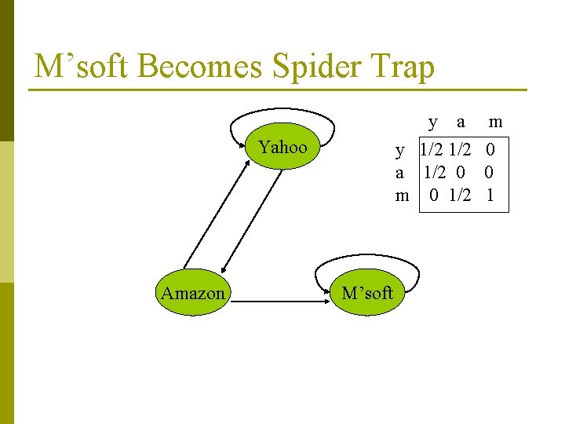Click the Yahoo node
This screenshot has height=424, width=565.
coord(282,147)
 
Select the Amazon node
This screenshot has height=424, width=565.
coord(193,294)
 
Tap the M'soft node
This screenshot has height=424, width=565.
coord(366,294)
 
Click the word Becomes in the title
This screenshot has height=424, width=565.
coord(201,67)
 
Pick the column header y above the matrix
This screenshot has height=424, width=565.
coord(433,122)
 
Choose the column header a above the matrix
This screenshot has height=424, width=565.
coord(461,122)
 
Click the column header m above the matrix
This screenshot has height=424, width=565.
coord(495,122)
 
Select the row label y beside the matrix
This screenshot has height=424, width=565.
coord(400,149)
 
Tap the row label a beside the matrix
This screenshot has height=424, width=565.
coord(400,172)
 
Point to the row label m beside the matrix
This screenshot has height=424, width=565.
coord(402,195)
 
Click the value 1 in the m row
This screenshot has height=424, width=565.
coord(490,195)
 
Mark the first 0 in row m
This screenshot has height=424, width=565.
coord(433,195)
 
